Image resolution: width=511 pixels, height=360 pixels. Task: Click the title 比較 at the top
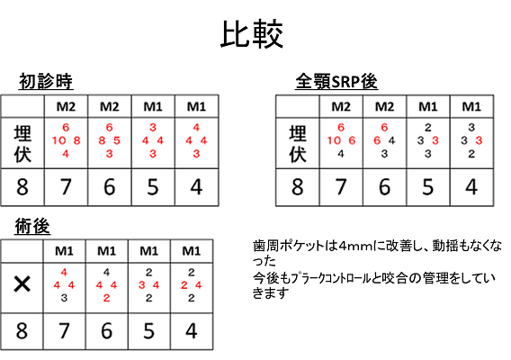(x=252, y=34)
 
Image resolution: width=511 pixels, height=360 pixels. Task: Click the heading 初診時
(x=46, y=81)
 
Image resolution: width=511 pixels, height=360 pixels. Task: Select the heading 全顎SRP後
(x=336, y=81)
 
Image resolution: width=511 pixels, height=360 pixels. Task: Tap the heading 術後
(x=32, y=226)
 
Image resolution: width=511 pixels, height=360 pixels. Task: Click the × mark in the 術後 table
(x=22, y=284)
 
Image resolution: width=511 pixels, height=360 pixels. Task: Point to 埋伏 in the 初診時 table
(x=22, y=143)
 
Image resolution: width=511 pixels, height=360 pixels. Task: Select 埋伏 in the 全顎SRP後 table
(x=298, y=143)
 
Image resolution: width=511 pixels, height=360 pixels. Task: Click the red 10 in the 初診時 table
(x=59, y=140)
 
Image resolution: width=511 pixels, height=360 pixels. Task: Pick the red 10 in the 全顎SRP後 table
(x=334, y=140)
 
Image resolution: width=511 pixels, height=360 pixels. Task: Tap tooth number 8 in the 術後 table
(x=22, y=330)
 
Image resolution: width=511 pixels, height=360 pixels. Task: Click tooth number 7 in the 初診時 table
(x=66, y=187)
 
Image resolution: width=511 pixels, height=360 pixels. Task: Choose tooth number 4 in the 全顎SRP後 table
(x=471, y=187)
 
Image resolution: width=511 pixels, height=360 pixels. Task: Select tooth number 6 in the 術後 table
(x=106, y=330)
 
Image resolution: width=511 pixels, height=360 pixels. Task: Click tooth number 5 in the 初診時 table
(x=153, y=187)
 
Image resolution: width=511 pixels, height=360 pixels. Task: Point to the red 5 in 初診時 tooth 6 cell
(x=117, y=140)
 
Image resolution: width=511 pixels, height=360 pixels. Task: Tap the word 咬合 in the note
(x=395, y=278)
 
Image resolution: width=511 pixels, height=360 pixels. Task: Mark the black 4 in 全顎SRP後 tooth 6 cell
(x=391, y=140)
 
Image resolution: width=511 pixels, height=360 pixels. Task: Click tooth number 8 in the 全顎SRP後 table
(x=298, y=187)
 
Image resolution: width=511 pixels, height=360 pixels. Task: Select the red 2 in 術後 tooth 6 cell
(x=106, y=298)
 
